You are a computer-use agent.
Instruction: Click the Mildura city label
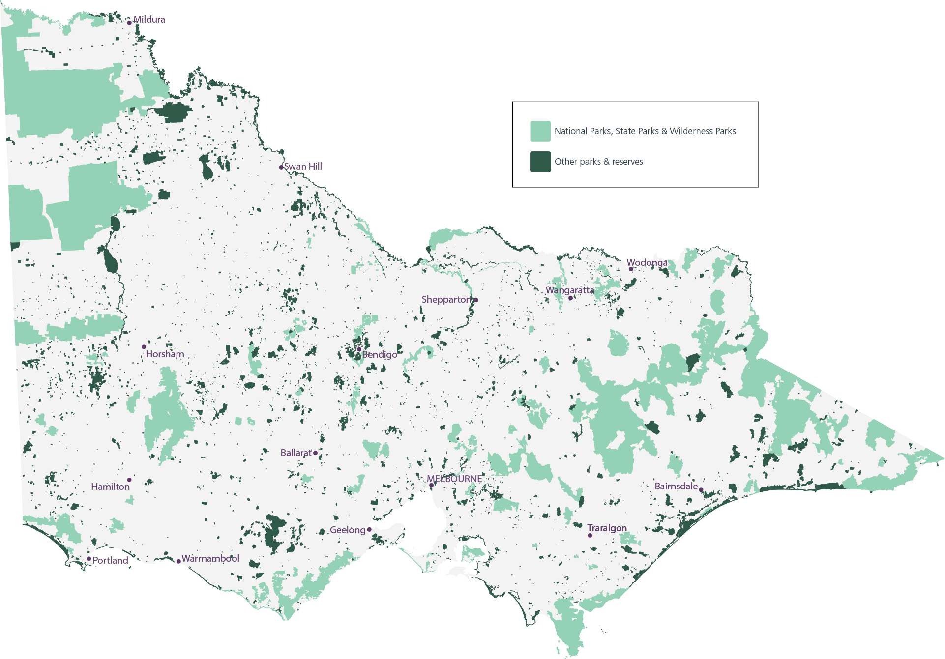[x=149, y=20]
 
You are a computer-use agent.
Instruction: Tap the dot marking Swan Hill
[x=281, y=168]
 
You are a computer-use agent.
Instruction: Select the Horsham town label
[x=165, y=354]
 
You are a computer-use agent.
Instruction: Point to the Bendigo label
[x=380, y=355]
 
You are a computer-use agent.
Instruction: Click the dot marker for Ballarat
[x=315, y=453]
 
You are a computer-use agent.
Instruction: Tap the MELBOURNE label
[x=454, y=479]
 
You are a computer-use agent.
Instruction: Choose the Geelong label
[x=348, y=530]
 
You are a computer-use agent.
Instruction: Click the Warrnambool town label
[x=210, y=559]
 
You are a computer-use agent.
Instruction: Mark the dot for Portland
[x=89, y=559]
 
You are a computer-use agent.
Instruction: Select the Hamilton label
[x=111, y=487]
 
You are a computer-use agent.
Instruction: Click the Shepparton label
[x=446, y=300]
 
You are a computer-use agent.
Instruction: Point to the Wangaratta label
[x=570, y=290]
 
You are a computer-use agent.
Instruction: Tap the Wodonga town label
[x=648, y=263]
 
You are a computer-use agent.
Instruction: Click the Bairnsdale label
[x=676, y=487]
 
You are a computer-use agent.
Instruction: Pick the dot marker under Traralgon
[x=590, y=535]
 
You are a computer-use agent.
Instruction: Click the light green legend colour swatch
[x=540, y=131]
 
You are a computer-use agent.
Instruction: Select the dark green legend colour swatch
[x=540, y=162]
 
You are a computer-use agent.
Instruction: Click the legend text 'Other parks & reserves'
[x=598, y=162]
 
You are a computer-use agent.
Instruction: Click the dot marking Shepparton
[x=476, y=300]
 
